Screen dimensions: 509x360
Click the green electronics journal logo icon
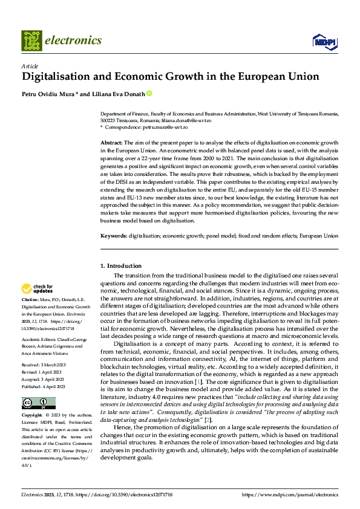[31, 41]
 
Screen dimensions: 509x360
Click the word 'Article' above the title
[30, 66]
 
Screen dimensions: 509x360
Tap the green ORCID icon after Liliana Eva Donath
[149, 94]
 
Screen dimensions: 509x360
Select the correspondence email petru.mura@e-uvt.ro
[165, 127]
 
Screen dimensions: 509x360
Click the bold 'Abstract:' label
[112, 141]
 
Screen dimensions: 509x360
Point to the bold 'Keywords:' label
[114, 236]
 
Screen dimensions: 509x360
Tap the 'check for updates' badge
[38, 289]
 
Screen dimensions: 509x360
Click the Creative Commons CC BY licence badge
[38, 403]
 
